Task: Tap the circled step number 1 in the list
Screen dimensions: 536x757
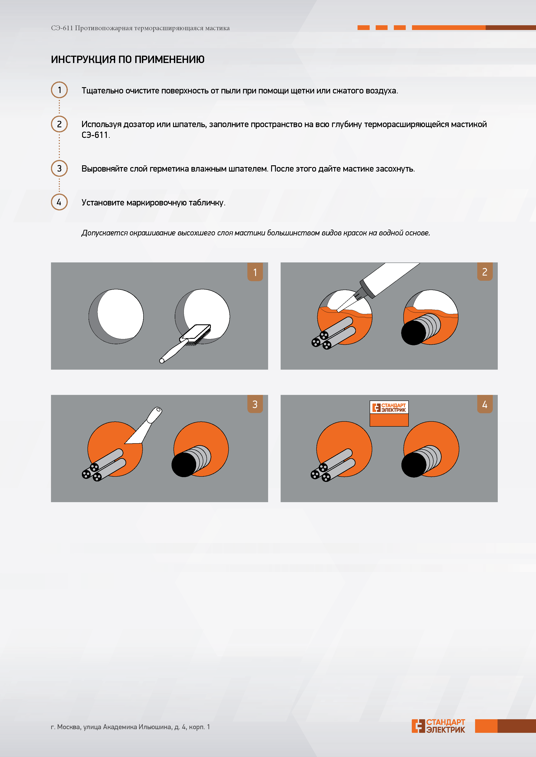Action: point(59,90)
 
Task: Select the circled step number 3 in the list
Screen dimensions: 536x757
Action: point(59,169)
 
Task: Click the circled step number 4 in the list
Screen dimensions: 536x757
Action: point(59,202)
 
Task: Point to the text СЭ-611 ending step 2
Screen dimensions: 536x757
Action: point(95,135)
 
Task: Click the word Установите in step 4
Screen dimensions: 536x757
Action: point(103,202)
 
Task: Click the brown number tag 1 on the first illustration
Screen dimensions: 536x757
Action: point(255,272)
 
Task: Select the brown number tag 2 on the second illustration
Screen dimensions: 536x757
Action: point(485,272)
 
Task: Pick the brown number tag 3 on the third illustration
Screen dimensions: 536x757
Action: point(255,404)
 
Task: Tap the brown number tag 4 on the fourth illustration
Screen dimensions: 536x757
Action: point(485,404)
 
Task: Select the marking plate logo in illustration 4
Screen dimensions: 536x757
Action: point(389,407)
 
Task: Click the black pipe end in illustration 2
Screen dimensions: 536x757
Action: point(414,333)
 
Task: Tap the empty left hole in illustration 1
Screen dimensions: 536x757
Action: point(116,317)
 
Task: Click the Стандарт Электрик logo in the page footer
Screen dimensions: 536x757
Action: point(438,726)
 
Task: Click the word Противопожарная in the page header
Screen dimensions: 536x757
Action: point(104,28)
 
